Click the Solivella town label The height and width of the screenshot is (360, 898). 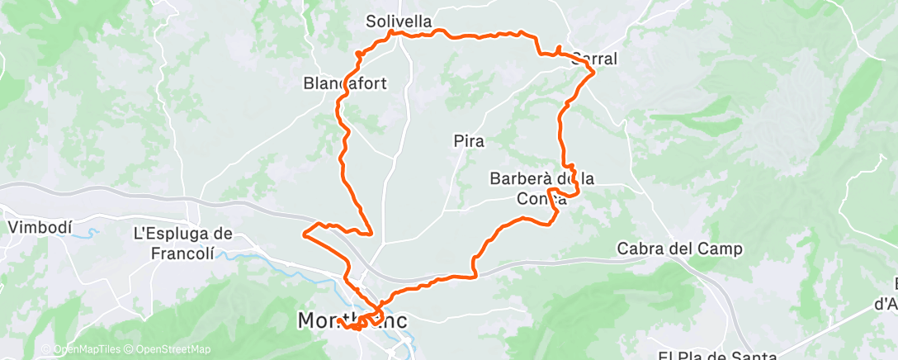[399, 21]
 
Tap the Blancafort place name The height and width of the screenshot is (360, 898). [346, 83]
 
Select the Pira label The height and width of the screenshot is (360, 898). [468, 141]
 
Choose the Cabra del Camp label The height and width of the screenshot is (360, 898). [680, 249]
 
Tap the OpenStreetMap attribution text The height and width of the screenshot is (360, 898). [173, 349]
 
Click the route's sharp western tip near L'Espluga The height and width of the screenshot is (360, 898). [305, 235]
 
